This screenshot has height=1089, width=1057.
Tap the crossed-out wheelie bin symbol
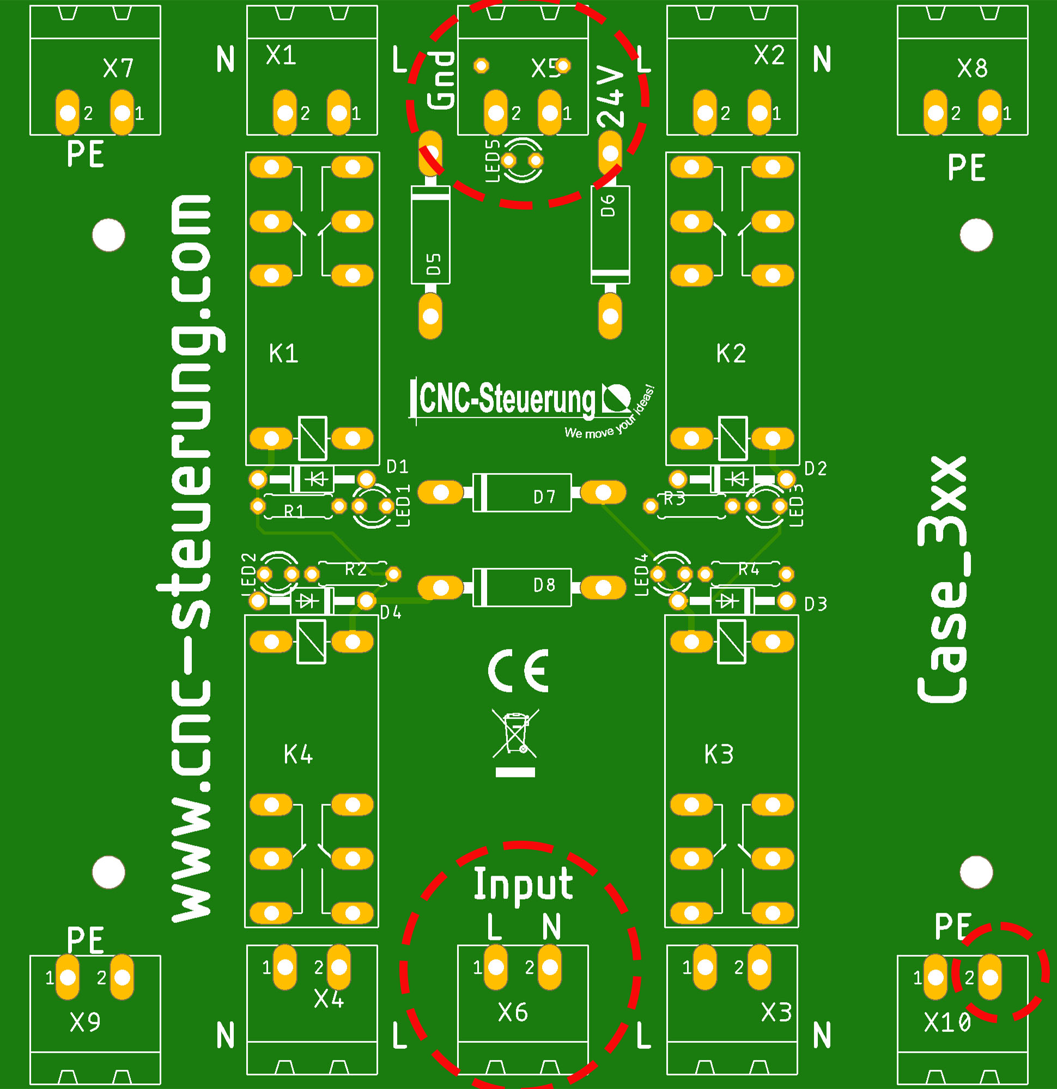515,733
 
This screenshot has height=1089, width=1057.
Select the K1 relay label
283,353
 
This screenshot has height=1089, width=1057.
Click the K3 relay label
719,755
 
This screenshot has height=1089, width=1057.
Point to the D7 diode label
544,497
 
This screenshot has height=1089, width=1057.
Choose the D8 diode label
544,585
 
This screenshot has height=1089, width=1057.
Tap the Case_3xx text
943,580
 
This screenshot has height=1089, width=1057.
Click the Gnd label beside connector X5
441,80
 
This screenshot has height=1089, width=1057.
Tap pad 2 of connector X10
991,977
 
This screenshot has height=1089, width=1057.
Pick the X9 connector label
85,1022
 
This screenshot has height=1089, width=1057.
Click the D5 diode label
434,264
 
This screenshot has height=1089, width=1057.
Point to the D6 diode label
608,205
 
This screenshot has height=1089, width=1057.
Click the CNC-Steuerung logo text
506,399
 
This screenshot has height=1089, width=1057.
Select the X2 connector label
769,55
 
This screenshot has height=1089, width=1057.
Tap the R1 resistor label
294,511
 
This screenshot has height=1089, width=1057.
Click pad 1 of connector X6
495,968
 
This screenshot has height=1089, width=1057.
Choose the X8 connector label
973,69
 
